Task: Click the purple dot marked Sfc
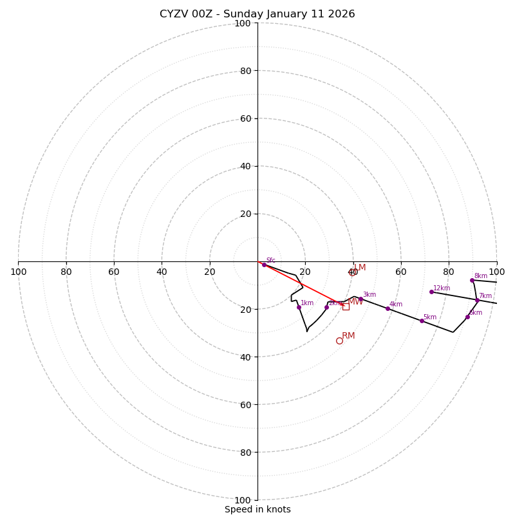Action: (264, 265)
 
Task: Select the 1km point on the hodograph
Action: (299, 307)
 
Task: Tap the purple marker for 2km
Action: (326, 307)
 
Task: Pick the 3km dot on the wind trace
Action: (360, 299)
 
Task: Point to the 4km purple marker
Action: (388, 308)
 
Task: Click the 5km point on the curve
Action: (422, 321)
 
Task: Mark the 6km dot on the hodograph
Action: (467, 317)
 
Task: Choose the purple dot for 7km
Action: (477, 300)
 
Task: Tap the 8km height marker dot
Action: (472, 280)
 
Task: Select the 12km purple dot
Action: (431, 292)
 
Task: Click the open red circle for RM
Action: (339, 341)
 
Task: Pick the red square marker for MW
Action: (346, 306)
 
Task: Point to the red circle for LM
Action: (352, 272)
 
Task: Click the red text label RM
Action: (348, 335)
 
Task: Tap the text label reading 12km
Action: (442, 288)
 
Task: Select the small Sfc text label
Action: (270, 260)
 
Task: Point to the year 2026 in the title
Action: (342, 14)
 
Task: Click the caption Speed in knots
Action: (257, 509)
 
